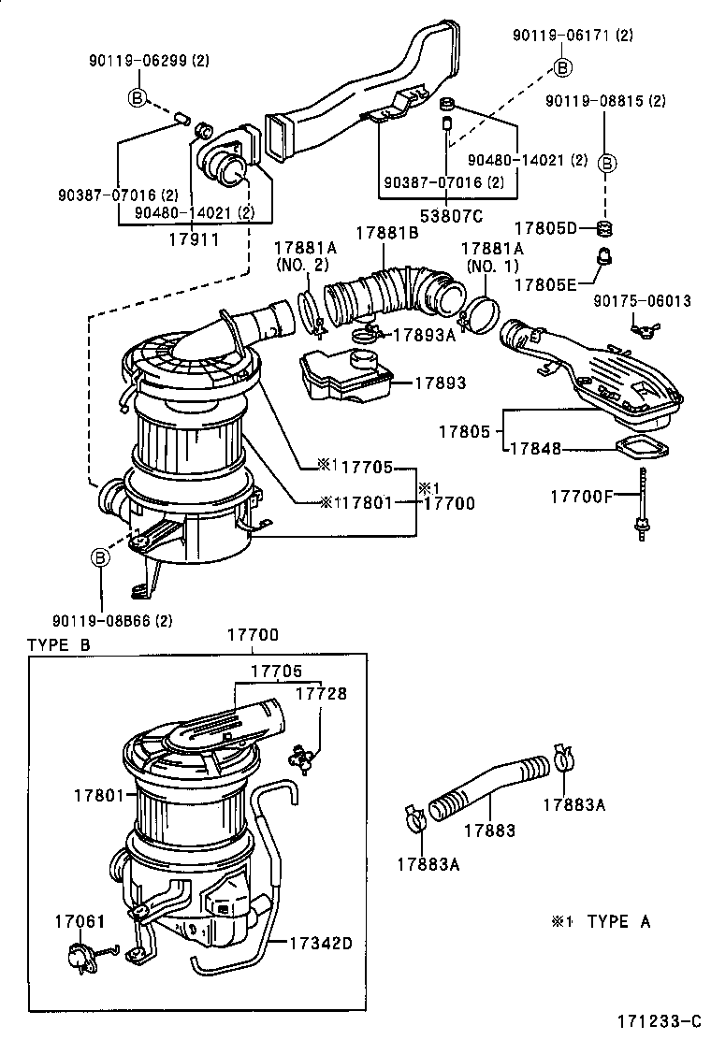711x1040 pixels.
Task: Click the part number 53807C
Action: coord(446,217)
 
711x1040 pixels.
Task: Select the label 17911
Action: coord(194,238)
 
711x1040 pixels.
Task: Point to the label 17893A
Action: coord(423,335)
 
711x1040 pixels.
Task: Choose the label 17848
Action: coord(535,449)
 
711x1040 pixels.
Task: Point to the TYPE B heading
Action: coord(59,645)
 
